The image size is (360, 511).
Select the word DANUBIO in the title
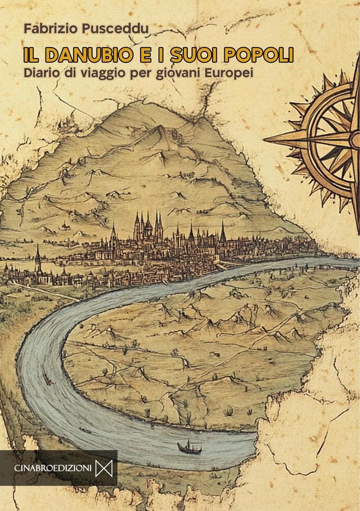tap(92, 54)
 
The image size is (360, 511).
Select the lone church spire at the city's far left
tap(38, 258)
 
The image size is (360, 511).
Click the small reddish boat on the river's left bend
tap(49, 381)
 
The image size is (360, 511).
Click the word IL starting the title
tap(32, 54)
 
